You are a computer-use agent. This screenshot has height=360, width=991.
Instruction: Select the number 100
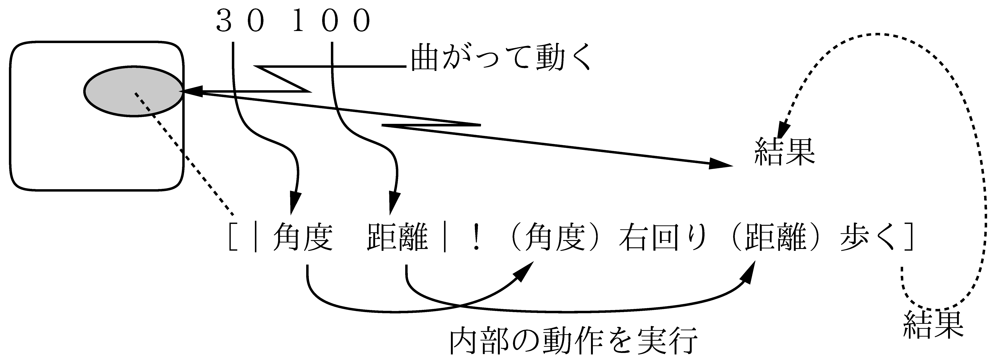pyautogui.click(x=331, y=22)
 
